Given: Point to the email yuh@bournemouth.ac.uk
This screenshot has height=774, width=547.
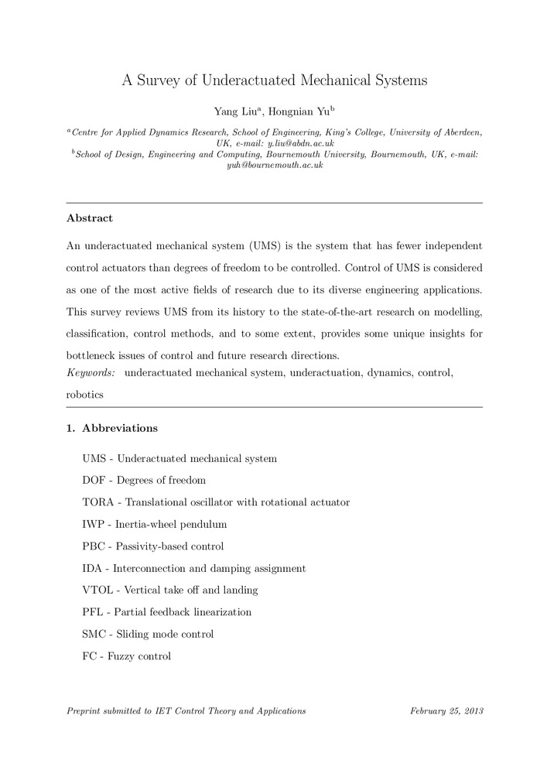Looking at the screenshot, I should pos(274,166).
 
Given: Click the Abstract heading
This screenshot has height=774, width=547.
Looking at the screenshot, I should pos(90,218).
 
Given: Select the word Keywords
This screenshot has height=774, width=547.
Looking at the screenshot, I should pos(91,373).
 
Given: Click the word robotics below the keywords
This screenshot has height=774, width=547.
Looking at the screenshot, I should pos(85,394).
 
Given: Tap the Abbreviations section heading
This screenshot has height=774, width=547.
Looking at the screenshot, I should pos(120,428).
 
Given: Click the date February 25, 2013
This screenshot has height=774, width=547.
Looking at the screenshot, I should pos(446,711).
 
